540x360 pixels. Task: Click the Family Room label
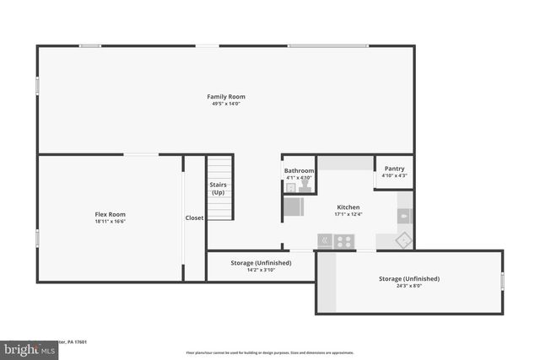[226, 97]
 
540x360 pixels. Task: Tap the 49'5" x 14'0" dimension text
[226, 104]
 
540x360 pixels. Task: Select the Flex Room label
[110, 214]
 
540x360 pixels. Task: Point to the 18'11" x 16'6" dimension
[110, 222]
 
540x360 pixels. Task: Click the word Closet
[194, 218]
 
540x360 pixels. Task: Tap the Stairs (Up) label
[218, 189]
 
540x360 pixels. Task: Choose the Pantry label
[394, 169]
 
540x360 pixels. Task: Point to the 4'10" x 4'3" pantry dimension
[394, 175]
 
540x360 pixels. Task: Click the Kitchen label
[348, 207]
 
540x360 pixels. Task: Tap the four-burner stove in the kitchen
[344, 241]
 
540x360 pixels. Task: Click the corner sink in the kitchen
[404, 240]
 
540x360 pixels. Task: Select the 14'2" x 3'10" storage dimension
[261, 270]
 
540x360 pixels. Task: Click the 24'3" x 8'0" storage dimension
[408, 286]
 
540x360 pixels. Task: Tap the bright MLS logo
[25, 349]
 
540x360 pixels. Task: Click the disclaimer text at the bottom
[270, 352]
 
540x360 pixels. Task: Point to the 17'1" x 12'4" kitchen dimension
[348, 214]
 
